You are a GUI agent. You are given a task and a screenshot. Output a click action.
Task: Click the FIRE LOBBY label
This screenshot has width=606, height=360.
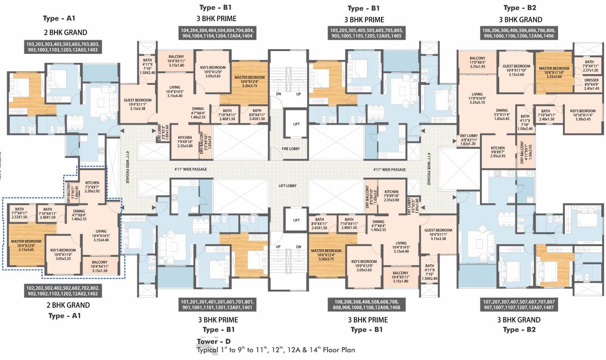click(290, 149)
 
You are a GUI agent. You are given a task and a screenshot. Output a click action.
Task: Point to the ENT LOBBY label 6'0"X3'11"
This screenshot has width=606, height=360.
click(469, 140)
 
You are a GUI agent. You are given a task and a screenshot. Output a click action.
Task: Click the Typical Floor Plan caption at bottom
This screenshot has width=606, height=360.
click(276, 350)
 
